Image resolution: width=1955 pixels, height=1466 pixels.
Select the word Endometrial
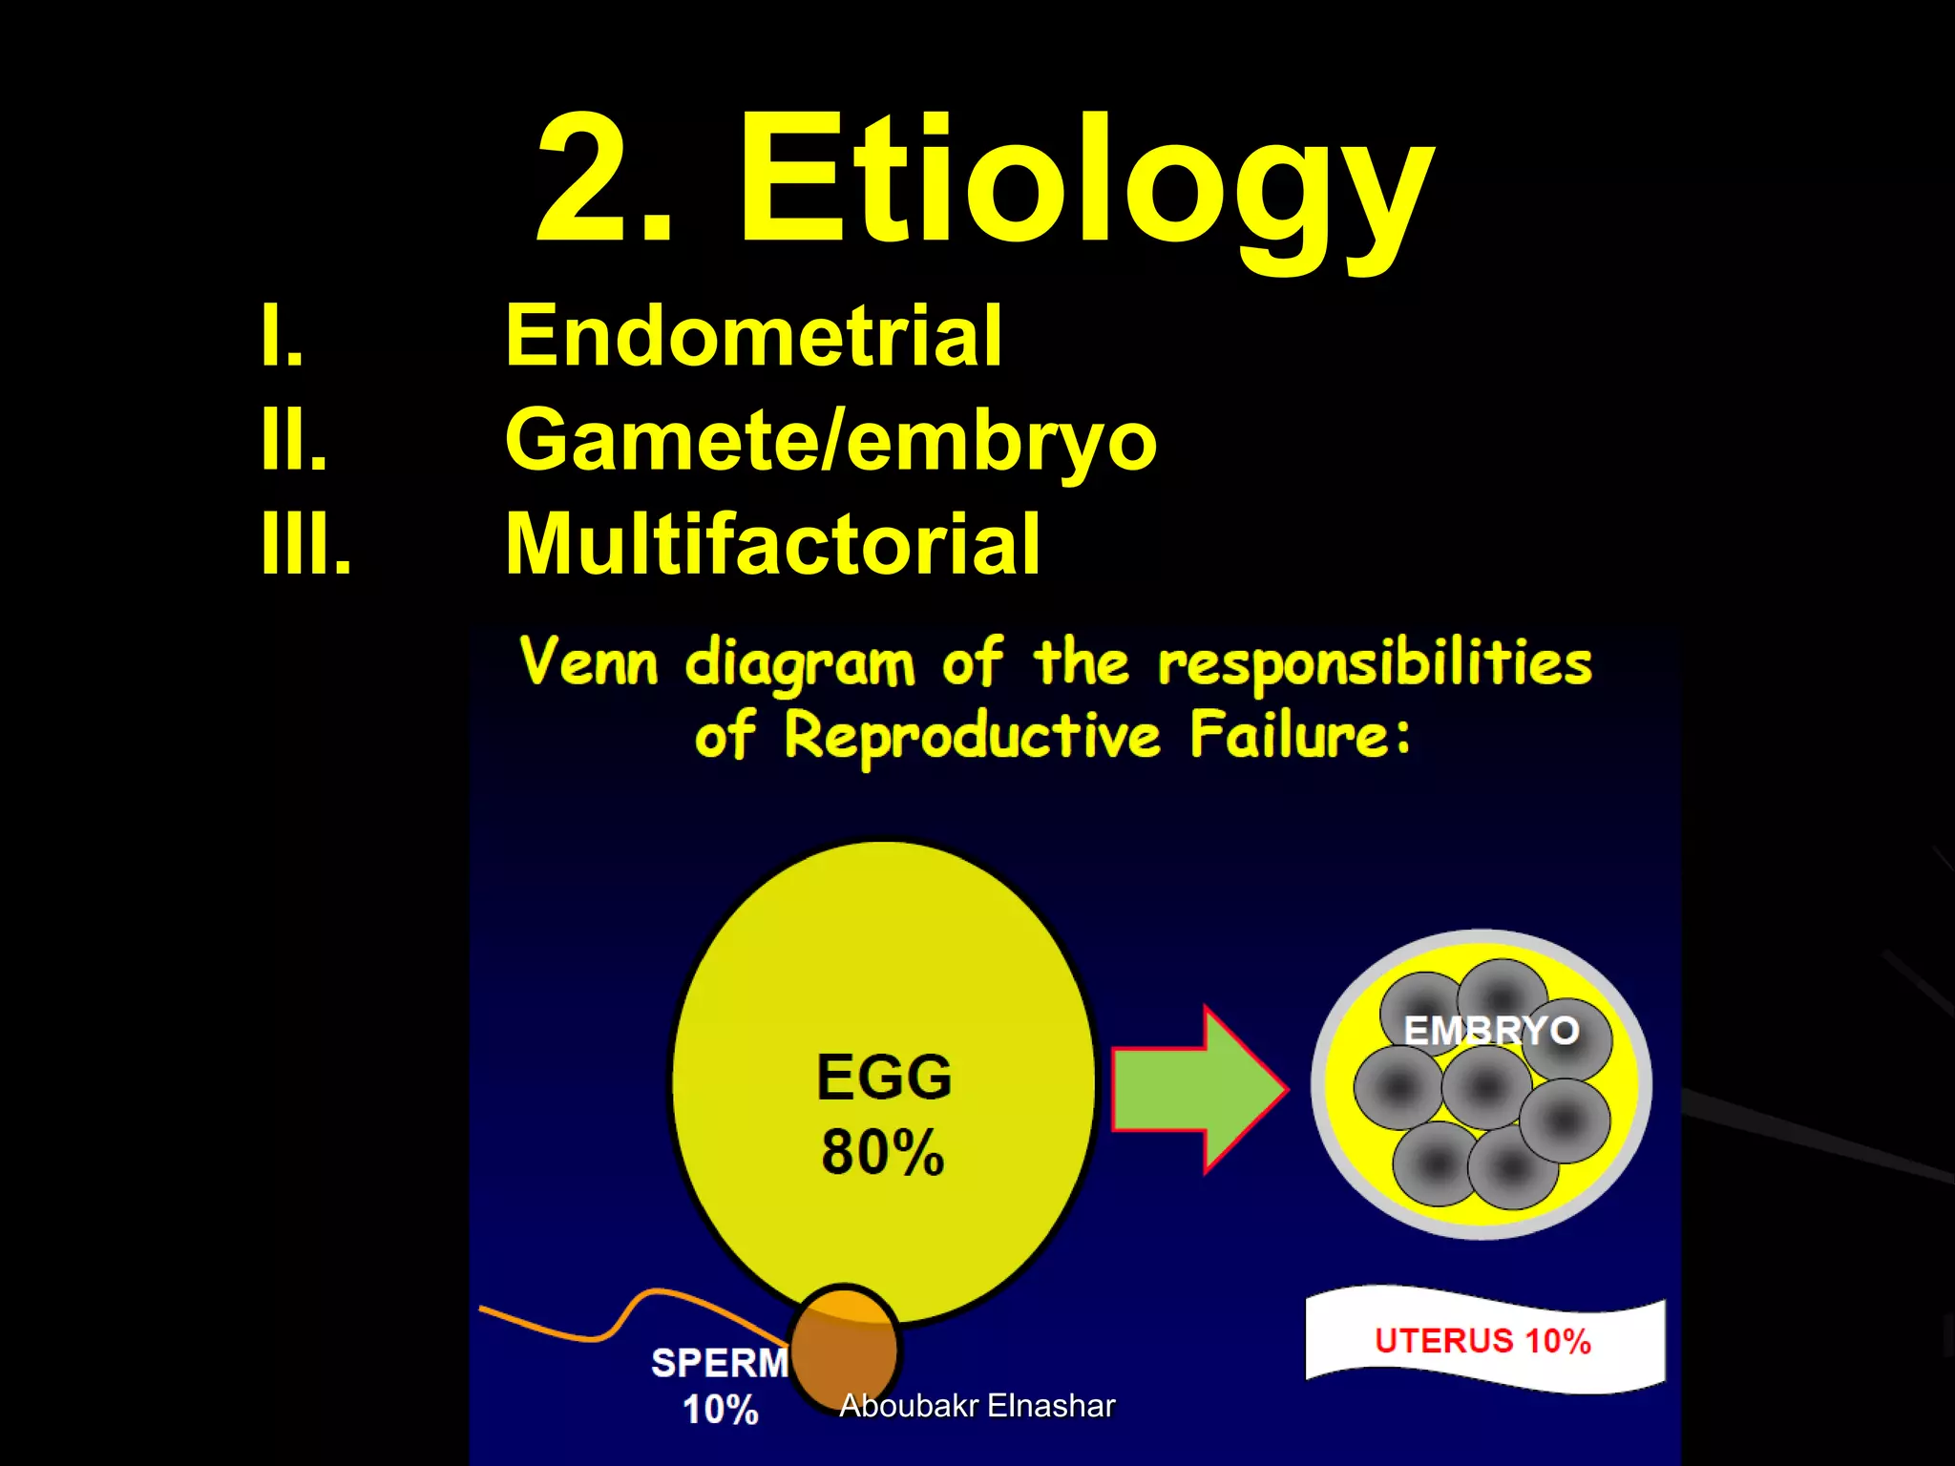click(753, 335)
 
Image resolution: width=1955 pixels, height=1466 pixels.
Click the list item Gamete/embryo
click(830, 440)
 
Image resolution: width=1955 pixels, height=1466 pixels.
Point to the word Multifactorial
click(772, 544)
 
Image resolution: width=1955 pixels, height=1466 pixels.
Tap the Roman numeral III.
click(305, 544)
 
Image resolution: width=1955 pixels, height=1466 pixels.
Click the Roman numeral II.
click(294, 440)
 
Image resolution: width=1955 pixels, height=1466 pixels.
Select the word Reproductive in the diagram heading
click(972, 736)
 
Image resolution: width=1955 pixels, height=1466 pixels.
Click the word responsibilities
click(1375, 662)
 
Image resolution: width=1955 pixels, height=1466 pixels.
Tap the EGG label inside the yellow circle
click(884, 1078)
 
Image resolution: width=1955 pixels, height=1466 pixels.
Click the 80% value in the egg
click(883, 1152)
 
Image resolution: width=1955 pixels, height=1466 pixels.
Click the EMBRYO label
click(1491, 1031)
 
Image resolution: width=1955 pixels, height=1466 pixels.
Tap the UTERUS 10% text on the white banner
click(1482, 1341)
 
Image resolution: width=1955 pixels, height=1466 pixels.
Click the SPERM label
click(720, 1363)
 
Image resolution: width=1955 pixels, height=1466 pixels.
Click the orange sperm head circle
click(844, 1346)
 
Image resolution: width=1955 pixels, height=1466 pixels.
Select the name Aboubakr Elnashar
click(977, 1406)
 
